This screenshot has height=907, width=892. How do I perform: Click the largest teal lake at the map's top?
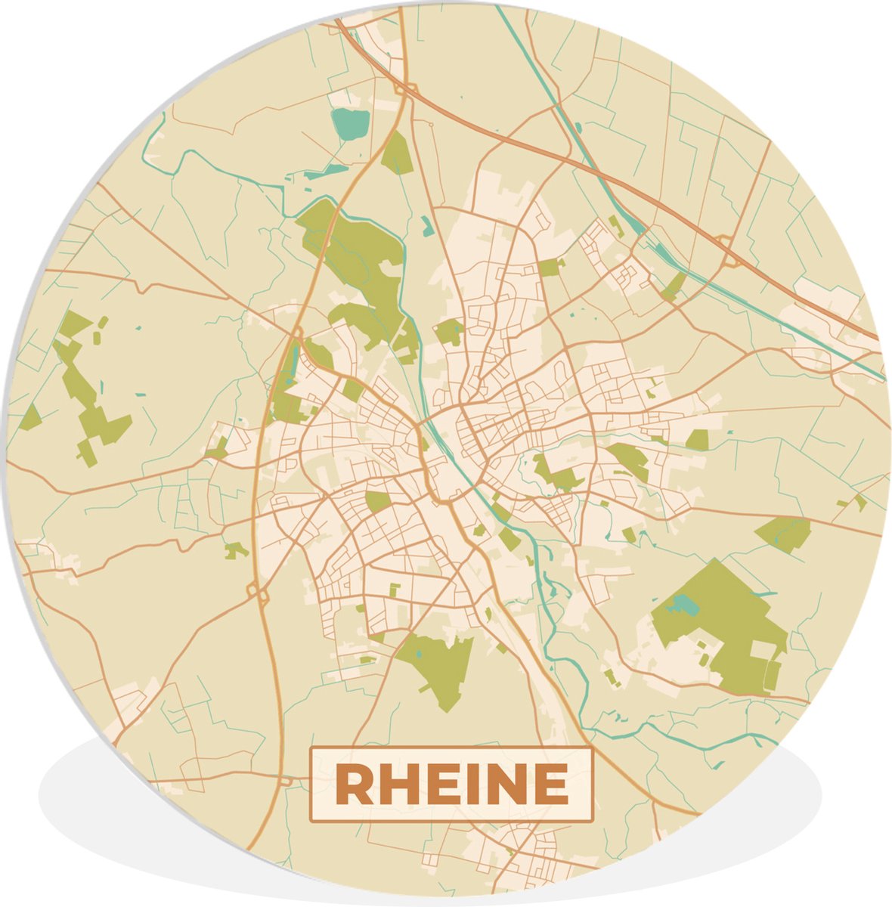pos(350,123)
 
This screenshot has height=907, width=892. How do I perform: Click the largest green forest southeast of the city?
pos(726,620)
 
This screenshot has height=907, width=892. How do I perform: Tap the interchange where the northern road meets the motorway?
pos(401,88)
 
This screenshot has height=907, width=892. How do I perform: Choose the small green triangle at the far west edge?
pos(31,417)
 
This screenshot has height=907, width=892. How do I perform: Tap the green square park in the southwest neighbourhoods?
pos(377,501)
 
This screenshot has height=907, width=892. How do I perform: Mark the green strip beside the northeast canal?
pos(672,286)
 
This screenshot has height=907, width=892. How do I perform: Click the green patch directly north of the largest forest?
pos(783,532)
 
